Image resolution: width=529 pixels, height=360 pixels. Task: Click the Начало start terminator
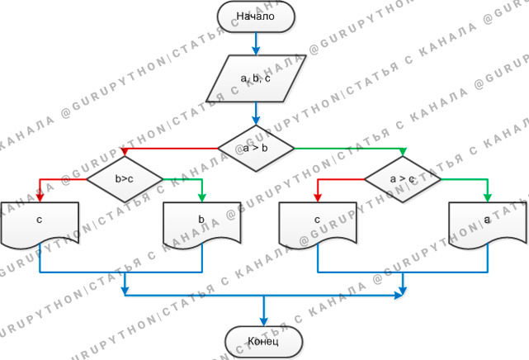point(255,17)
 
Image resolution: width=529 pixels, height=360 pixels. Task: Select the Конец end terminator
point(264,341)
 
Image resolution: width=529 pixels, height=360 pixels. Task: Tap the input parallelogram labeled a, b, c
point(256,78)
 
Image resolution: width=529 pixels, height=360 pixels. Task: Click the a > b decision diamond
point(256,149)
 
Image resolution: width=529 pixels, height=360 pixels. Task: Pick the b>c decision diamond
point(125,178)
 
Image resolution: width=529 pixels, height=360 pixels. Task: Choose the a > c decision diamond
point(403,178)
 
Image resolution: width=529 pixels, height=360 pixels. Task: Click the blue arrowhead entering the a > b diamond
point(256,121)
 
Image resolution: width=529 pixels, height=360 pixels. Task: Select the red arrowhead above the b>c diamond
point(125,154)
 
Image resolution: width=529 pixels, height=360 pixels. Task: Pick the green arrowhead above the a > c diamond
point(403,154)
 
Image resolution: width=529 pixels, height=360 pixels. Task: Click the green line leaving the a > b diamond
point(347,149)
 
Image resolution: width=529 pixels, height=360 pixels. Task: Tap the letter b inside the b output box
point(203,220)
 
